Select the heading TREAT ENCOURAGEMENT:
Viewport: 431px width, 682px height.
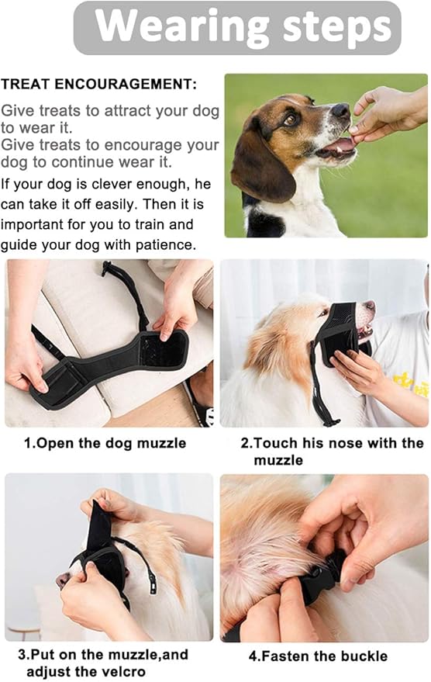click(99, 84)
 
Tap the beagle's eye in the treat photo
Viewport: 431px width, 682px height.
click(291, 119)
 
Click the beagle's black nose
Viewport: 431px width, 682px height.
click(340, 113)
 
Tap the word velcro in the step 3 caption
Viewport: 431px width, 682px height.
click(113, 672)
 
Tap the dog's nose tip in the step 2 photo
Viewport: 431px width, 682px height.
click(371, 308)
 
